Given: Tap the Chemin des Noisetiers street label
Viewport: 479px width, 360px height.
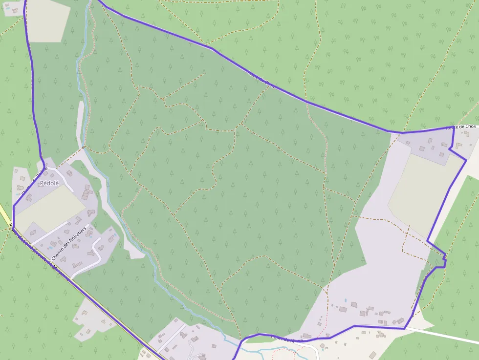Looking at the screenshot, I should [68, 240].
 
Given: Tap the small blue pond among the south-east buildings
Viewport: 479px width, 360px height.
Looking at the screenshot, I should [346, 300].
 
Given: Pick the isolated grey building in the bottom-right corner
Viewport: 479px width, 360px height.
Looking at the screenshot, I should [372, 355].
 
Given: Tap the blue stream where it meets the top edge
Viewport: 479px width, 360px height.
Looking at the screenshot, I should [91, 2].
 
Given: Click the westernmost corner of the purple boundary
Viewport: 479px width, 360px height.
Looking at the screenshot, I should [13, 208].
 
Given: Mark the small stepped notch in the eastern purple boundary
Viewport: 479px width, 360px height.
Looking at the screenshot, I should [442, 261].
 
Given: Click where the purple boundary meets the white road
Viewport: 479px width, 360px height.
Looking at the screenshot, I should [405, 328].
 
